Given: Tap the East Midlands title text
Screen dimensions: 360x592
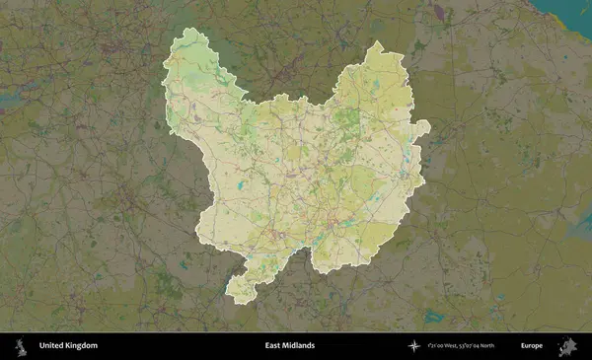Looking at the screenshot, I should point(290,346).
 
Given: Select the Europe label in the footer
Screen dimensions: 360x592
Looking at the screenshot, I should point(532,346).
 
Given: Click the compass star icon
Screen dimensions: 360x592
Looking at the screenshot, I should point(415,346).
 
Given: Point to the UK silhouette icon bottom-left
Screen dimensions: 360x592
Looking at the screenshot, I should point(19,346).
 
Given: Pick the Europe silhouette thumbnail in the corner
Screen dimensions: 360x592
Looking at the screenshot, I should point(570,346).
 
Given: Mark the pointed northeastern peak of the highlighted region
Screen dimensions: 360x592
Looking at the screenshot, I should point(376,43).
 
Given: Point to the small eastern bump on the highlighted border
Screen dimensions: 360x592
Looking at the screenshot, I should point(424,126).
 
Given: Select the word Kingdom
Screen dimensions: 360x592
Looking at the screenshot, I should point(82,346).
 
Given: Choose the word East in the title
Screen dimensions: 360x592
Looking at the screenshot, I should point(273,346).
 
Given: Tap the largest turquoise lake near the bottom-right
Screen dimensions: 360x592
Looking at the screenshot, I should point(433,317).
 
